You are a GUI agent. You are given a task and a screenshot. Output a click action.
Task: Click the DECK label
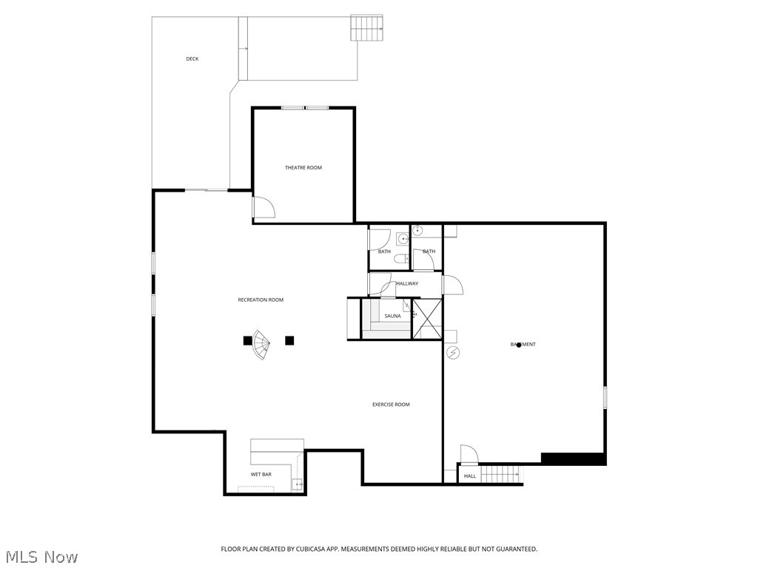(x=192, y=59)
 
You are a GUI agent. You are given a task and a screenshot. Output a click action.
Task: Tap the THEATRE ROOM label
(x=303, y=168)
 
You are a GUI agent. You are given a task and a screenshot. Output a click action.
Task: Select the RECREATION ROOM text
(x=261, y=300)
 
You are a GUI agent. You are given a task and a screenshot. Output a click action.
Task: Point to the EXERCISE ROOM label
(x=391, y=405)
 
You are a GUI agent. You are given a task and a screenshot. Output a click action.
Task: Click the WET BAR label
(x=260, y=474)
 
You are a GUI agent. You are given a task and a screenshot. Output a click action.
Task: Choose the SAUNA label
(x=392, y=316)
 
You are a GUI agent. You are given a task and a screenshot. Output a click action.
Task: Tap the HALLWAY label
(x=407, y=283)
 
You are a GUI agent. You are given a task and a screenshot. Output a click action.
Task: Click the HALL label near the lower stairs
(x=470, y=476)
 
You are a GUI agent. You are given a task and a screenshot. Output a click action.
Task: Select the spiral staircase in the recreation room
(x=261, y=345)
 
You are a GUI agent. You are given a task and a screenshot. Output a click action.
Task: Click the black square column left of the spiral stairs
(x=247, y=340)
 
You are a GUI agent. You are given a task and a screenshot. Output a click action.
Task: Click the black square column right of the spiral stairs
(x=289, y=340)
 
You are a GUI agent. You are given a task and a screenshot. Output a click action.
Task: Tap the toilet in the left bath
(x=400, y=259)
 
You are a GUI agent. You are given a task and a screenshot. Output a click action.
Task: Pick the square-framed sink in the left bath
(x=402, y=238)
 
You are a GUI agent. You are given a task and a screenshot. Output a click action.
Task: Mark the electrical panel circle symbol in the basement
(x=454, y=353)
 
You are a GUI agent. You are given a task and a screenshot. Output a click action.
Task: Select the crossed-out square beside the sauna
(x=427, y=319)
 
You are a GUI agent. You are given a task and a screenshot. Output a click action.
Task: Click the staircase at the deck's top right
(x=367, y=28)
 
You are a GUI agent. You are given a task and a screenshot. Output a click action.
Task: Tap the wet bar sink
(x=296, y=485)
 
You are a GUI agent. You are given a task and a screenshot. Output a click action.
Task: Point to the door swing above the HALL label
(x=468, y=454)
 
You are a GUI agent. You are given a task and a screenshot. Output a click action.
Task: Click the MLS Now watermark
(x=41, y=556)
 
